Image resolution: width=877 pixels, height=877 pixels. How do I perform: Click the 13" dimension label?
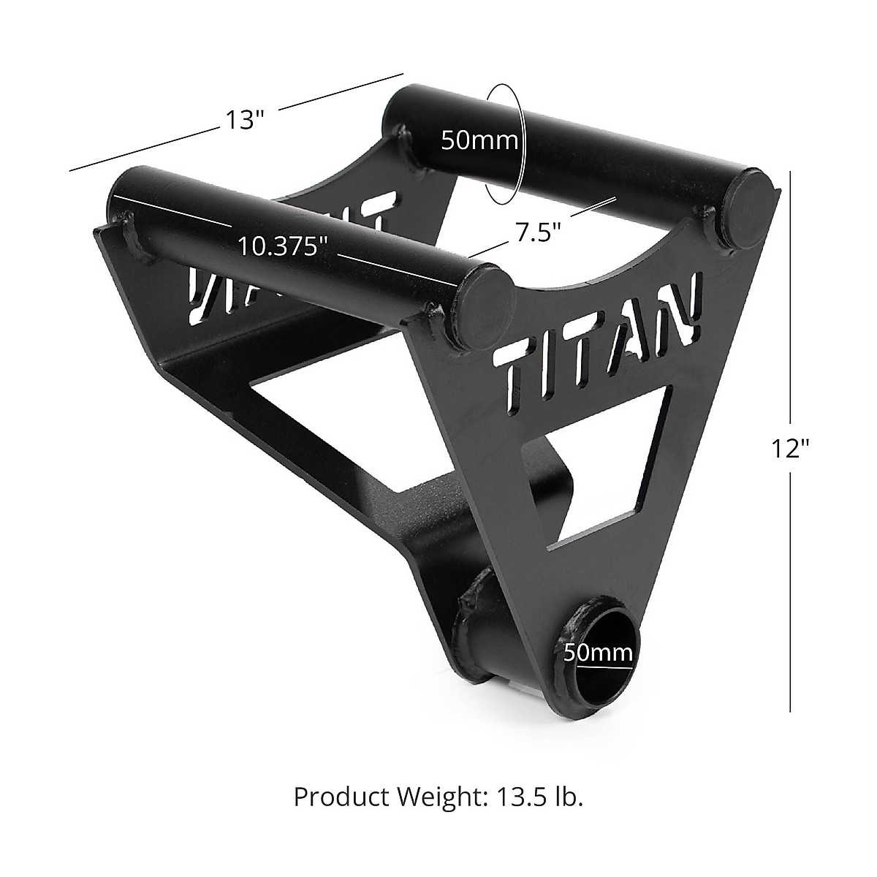[245, 121]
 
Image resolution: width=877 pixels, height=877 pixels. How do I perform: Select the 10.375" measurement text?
[283, 246]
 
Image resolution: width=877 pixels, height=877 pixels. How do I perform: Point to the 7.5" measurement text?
[537, 232]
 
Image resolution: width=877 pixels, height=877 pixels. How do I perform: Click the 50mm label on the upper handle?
[479, 140]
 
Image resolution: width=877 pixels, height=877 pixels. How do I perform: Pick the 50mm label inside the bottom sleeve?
[598, 653]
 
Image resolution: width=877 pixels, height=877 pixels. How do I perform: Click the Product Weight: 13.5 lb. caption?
[438, 797]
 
